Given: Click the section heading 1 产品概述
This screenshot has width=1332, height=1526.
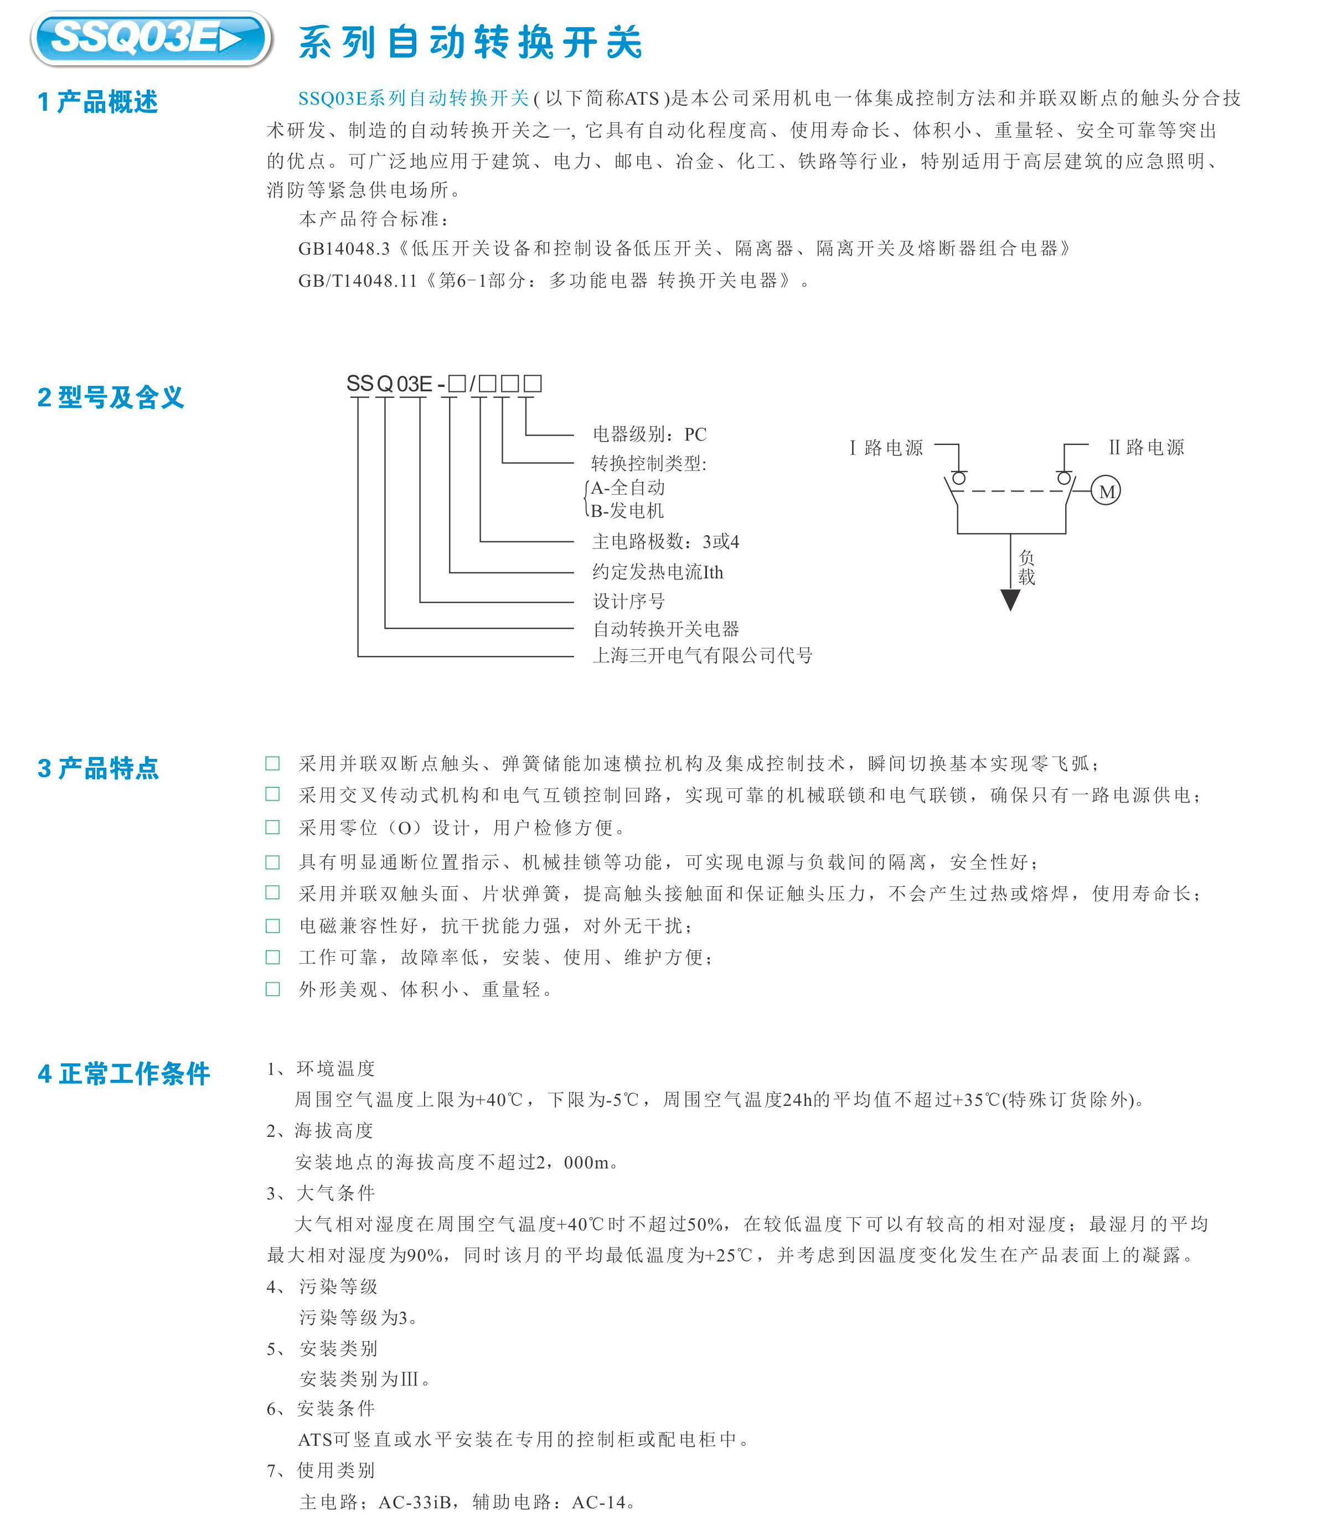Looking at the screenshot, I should [x=97, y=102].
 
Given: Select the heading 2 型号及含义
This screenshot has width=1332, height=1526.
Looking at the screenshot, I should [x=110, y=397].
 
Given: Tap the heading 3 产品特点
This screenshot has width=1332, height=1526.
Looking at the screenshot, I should [x=98, y=768].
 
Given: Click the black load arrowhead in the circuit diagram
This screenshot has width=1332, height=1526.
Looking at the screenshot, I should [x=1010, y=599].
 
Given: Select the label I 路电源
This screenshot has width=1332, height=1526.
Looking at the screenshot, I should [x=886, y=447].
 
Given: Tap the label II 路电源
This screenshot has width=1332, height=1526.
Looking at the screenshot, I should [x=1146, y=447].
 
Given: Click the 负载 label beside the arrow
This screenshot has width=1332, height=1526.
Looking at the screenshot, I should [x=1026, y=567].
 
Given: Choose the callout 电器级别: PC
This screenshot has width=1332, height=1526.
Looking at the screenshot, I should [x=649, y=435].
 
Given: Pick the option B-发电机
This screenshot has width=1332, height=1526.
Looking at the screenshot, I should [x=627, y=511].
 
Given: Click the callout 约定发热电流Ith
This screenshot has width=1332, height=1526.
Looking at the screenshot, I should [x=658, y=572].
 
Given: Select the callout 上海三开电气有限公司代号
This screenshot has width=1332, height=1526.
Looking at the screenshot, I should [x=703, y=655].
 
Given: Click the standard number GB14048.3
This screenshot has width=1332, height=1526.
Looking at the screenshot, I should [x=343, y=249].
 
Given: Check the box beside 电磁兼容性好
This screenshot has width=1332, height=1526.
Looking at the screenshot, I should [x=273, y=925].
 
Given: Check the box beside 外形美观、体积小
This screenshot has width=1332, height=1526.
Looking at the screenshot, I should [x=273, y=989].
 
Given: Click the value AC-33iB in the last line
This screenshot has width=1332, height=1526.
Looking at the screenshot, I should [x=415, y=1502].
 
